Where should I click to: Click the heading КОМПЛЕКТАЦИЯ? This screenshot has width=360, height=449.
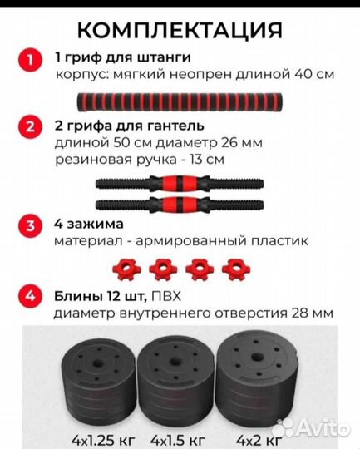180,30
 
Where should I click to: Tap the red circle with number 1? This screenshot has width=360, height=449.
30,60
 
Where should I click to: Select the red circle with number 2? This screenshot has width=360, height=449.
30,127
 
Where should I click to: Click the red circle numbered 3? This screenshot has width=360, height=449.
30,226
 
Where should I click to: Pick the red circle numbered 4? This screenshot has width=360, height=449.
30,296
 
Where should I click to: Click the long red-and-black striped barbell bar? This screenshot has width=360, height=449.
180,101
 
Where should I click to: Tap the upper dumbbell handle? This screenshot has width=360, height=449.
180,183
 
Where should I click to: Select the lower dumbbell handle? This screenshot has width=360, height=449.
180,204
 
